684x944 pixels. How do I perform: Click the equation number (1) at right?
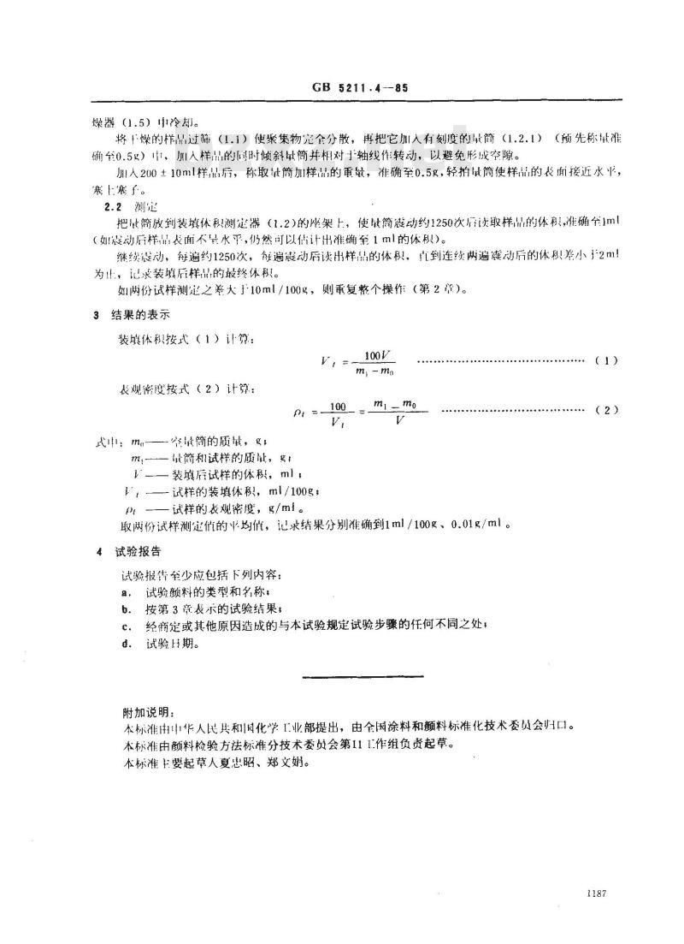coord(605,362)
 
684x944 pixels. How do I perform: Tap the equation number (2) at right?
coord(605,411)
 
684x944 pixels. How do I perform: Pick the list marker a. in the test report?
coord(125,591)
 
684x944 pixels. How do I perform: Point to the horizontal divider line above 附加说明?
coord(363,678)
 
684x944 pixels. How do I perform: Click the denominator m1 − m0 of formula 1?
coord(374,371)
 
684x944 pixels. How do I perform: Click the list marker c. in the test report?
coord(125,626)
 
